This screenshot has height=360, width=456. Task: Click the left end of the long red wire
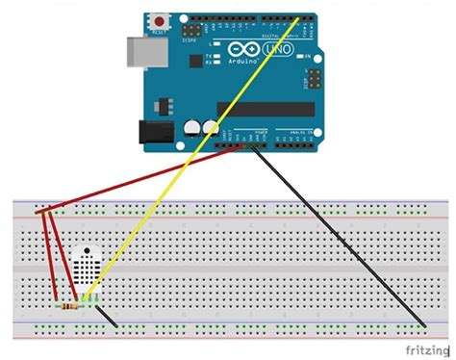click(38, 212)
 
